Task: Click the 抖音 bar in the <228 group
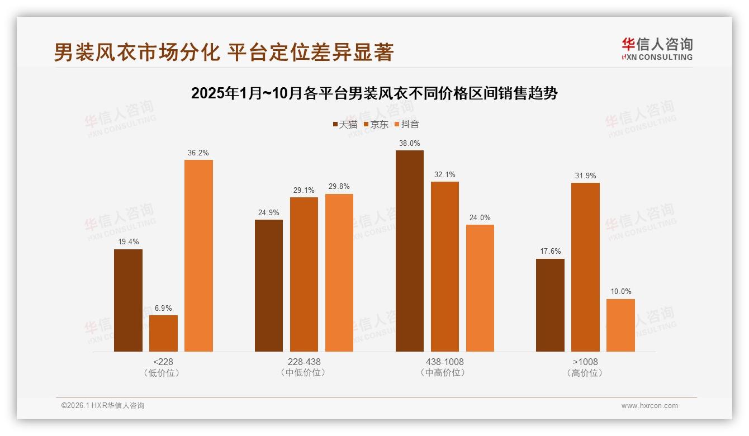tap(198, 255)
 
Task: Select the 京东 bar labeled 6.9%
tap(163, 333)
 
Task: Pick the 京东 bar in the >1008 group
tap(585, 267)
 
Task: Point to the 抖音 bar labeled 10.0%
tap(620, 325)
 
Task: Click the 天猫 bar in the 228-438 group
tap(269, 285)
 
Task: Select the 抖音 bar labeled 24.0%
tap(480, 288)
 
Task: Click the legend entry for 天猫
tap(345, 124)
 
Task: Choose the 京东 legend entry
tap(376, 124)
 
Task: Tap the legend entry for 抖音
tap(407, 124)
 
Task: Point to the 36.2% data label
tap(198, 153)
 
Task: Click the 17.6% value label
tap(550, 252)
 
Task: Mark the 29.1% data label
tap(304, 190)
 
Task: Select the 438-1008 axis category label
tap(444, 362)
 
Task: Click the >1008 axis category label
tap(585, 362)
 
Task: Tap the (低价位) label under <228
tap(163, 373)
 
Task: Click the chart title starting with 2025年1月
tap(374, 93)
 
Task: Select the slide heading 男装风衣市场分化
tap(224, 52)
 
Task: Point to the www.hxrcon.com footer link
tap(649, 406)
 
